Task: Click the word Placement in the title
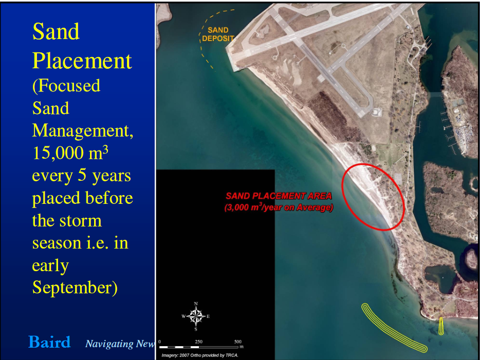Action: click(x=82, y=61)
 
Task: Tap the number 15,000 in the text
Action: click(x=58, y=153)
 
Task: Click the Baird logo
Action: click(x=49, y=342)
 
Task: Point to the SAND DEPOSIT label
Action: click(x=218, y=34)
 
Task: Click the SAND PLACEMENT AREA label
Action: click(x=279, y=196)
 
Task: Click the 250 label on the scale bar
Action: click(x=199, y=342)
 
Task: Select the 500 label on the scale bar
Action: click(x=238, y=342)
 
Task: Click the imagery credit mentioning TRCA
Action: click(x=200, y=355)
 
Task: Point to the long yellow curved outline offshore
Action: click(x=394, y=328)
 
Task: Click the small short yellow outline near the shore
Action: click(x=441, y=326)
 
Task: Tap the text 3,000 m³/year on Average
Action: click(x=279, y=207)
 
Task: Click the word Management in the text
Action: click(x=83, y=131)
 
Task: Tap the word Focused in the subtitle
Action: click(x=66, y=86)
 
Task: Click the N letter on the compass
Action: click(x=196, y=304)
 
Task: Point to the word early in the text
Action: click(x=50, y=266)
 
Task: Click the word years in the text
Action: click(x=112, y=176)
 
